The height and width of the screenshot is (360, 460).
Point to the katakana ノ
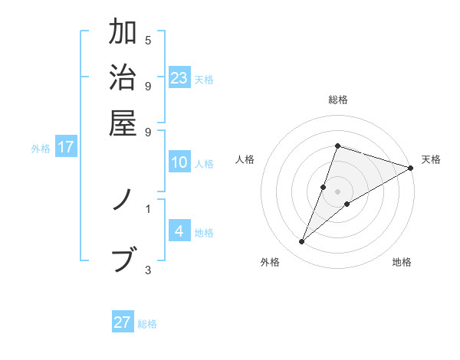click(x=123, y=200)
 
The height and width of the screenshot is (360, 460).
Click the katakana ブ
click(x=123, y=259)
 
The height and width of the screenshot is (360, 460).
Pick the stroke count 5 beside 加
click(x=148, y=41)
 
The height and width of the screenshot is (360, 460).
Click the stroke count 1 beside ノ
click(x=148, y=208)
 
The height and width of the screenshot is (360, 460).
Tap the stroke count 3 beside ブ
click(x=148, y=269)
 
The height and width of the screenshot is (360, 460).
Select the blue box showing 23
click(x=179, y=77)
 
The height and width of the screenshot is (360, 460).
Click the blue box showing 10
click(x=179, y=162)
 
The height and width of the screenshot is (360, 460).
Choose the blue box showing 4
click(x=179, y=231)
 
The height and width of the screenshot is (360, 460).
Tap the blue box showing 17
click(x=65, y=147)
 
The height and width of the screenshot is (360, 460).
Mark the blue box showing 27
click(x=123, y=322)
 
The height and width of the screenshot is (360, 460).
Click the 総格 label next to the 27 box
click(x=147, y=324)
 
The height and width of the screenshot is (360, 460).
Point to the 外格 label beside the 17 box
click(x=41, y=149)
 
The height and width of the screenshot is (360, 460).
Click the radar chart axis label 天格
click(x=431, y=159)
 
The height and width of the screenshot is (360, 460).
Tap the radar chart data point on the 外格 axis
click(x=302, y=242)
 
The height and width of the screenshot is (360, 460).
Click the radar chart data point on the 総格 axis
click(x=337, y=146)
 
